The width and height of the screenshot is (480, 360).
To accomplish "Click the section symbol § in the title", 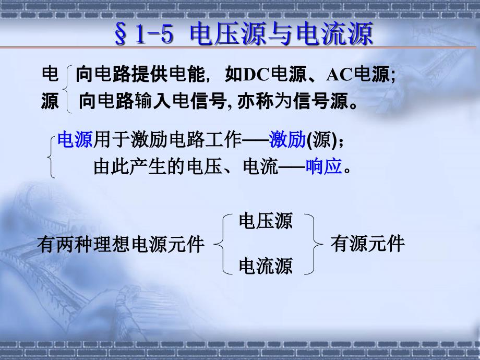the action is point(121,34).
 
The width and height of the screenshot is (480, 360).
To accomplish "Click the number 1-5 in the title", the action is point(154,33).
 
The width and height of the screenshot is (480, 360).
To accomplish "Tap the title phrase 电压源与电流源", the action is point(281,33).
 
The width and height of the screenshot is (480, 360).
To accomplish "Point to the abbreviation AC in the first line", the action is point(339,75).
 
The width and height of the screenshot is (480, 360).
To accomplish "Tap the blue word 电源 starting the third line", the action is point(75,140).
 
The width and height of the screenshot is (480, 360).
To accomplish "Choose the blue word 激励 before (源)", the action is point(287,140).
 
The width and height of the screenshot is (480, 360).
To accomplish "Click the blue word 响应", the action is point(323,166).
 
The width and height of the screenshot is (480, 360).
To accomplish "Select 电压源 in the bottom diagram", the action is point(266,221).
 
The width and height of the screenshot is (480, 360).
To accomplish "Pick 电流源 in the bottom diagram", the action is point(266,266).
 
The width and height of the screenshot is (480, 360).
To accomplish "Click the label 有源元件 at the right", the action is point(368,244).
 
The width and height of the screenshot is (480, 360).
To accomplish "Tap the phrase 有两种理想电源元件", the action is point(121,245).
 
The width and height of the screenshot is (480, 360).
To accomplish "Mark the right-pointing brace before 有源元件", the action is point(317,244).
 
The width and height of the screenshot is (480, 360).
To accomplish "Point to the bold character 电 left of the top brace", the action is point(50,75).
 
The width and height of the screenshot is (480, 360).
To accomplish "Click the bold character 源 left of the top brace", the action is point(50,101).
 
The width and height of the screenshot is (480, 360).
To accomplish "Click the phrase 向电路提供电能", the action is point(140,75).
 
